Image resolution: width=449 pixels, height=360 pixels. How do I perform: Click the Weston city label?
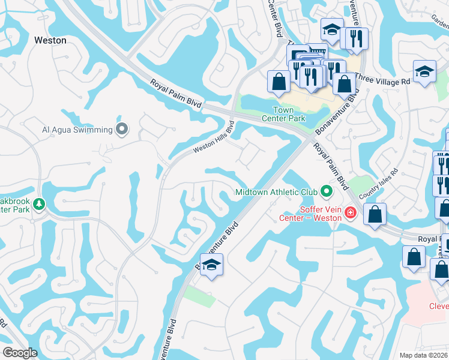point(50,40)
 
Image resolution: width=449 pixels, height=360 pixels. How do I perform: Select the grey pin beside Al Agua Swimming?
point(122,129)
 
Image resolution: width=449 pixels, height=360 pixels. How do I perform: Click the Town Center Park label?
point(283,114)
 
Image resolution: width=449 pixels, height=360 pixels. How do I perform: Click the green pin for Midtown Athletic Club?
point(327,192)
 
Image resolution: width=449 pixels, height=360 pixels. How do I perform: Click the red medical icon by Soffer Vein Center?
point(351,212)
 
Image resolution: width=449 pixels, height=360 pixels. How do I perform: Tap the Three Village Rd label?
point(382,79)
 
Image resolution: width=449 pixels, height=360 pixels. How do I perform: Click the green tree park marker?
point(40,205)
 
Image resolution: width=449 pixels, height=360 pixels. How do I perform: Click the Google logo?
point(20,353)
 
